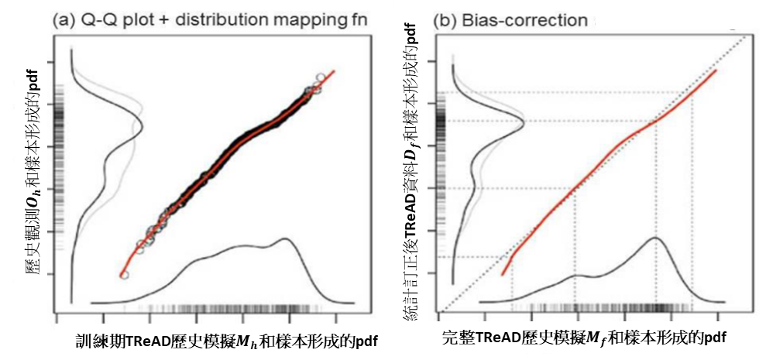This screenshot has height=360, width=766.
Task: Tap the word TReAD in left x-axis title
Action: [147, 340]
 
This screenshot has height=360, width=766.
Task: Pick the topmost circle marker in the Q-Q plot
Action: [321, 77]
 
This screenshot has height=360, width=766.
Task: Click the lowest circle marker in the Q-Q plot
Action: [124, 275]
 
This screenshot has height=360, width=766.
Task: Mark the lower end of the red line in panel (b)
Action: [503, 275]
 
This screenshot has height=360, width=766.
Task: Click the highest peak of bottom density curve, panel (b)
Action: [655, 238]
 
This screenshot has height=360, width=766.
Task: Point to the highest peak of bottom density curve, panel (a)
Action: [290, 239]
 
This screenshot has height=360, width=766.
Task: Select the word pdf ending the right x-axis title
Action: [714, 338]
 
